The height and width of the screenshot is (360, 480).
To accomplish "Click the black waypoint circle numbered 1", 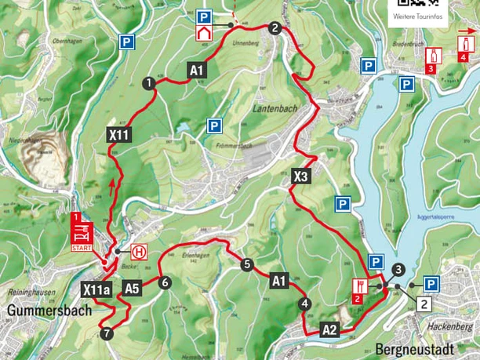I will (147, 82).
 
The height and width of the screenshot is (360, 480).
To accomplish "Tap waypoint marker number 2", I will (274, 28).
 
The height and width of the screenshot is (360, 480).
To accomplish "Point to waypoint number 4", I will (304, 304).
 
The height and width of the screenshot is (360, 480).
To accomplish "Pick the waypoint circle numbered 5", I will (247, 265).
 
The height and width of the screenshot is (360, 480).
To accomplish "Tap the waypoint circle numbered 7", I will (107, 334).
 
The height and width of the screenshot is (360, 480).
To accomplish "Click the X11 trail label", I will (118, 136).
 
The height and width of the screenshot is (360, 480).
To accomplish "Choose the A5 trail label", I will (131, 288).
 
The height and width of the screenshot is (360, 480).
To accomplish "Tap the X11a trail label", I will (96, 289).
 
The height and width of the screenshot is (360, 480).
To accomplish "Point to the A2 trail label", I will (330, 329).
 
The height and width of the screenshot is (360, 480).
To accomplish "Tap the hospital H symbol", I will (139, 252).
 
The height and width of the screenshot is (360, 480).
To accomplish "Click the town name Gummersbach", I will (45, 309).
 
